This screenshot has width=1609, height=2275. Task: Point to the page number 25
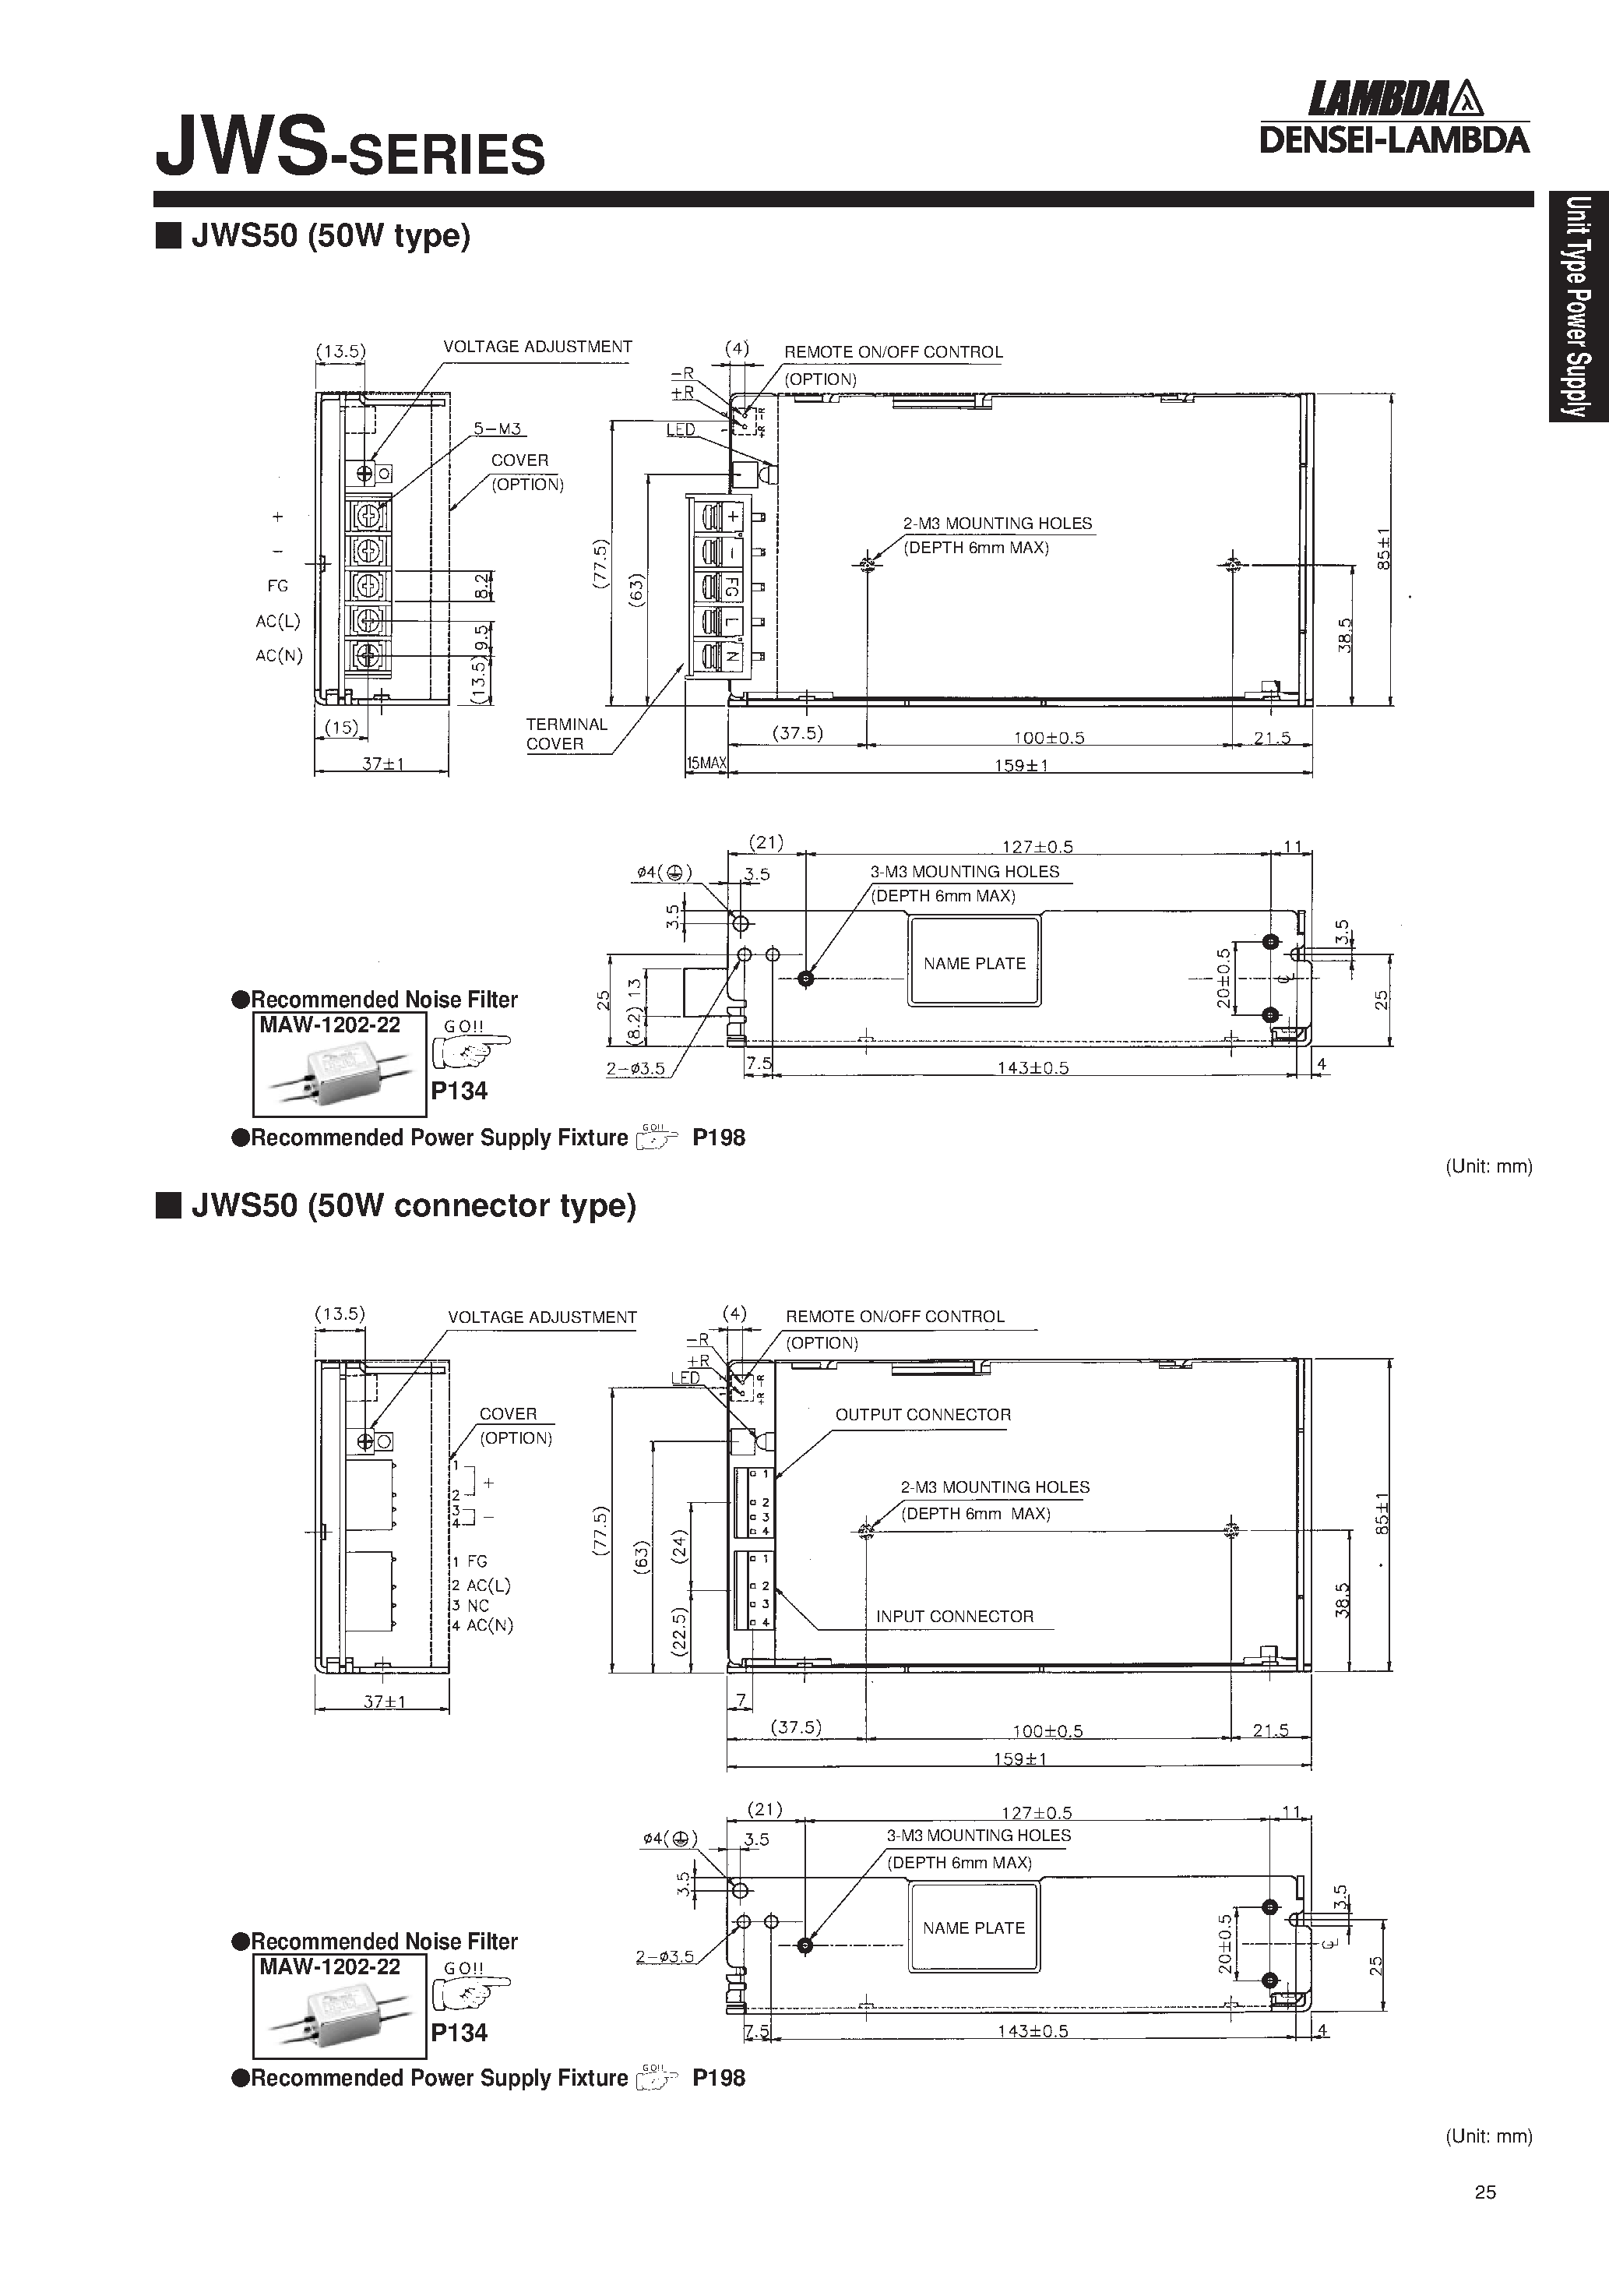[1484, 2192]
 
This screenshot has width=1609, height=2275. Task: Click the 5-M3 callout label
[498, 429]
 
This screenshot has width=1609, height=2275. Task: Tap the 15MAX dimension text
[706, 763]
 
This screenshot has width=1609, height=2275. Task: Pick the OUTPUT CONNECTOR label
[922, 1415]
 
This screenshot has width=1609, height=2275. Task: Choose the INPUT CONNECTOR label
[954, 1616]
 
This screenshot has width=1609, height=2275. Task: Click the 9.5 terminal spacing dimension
[481, 635]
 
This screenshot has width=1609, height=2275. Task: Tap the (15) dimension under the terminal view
[341, 727]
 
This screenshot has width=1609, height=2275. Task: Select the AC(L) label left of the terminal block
[277, 621]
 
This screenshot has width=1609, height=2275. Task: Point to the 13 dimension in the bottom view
[635, 988]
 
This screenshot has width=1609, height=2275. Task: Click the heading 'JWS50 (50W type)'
[330, 236]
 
